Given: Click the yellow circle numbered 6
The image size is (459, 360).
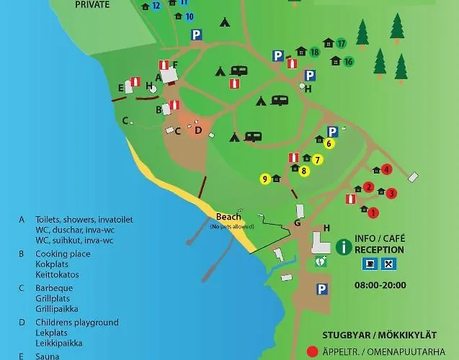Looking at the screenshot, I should pyautogui.click(x=329, y=143).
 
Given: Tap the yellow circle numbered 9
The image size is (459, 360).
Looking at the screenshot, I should pyautogui.click(x=265, y=179).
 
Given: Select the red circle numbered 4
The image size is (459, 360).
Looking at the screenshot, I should pyautogui.click(x=386, y=170).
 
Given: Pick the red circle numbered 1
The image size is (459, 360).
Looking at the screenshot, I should pyautogui.click(x=373, y=212).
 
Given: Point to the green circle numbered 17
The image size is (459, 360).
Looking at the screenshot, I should pyautogui.click(x=341, y=43).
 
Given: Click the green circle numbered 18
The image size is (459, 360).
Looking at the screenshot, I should pyautogui.click(x=314, y=52).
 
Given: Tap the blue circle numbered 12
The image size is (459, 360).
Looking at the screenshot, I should pyautogui.click(x=156, y=6).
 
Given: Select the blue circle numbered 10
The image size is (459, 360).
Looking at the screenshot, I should pyautogui.click(x=189, y=16).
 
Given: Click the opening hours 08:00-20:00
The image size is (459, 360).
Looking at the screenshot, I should pyautogui.click(x=380, y=285).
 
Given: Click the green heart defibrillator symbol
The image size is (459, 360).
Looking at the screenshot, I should pyautogui.click(x=321, y=262).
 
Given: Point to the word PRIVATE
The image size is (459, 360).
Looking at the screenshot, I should pyautogui.click(x=93, y=4).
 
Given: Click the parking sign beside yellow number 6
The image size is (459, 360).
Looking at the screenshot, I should pyautogui.click(x=332, y=132).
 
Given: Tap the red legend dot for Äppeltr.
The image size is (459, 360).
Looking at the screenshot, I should pyautogui.click(x=312, y=352).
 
